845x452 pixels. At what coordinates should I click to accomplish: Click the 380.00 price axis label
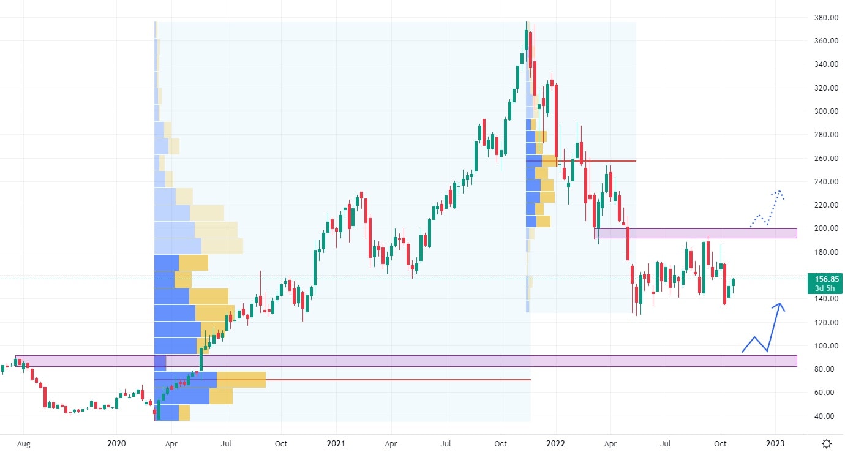(x=821, y=18)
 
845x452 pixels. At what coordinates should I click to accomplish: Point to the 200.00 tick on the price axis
(x=821, y=228)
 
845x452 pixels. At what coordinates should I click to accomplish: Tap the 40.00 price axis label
(x=821, y=416)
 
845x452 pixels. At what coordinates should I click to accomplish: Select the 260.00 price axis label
(x=821, y=159)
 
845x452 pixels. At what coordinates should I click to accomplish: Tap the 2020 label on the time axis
(x=116, y=443)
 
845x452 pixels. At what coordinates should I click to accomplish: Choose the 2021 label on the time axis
(x=336, y=443)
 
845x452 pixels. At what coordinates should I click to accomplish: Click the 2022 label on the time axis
(x=556, y=443)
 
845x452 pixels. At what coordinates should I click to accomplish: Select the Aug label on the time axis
(x=23, y=443)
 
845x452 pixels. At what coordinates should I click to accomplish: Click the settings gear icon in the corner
(x=827, y=443)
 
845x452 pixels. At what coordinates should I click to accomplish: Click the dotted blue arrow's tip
(x=779, y=192)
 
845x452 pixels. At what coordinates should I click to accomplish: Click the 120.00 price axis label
(x=821, y=323)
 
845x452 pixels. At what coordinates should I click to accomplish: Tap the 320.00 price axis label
(x=821, y=88)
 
